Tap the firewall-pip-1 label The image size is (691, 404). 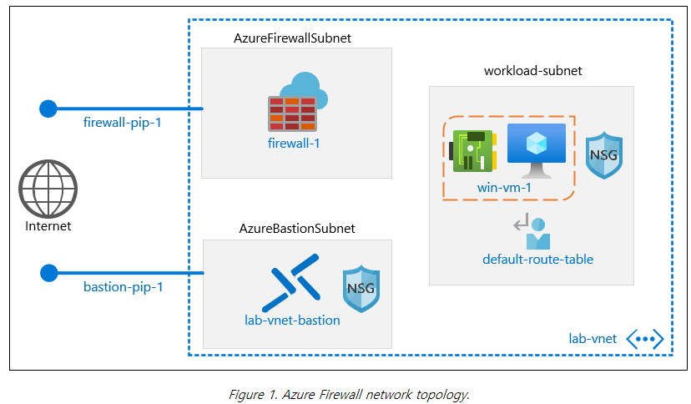point(123,123)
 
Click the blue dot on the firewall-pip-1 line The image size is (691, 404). point(48,109)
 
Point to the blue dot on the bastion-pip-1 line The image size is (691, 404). point(48,272)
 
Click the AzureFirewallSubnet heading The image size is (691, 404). point(293,38)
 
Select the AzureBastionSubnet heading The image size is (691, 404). point(296,228)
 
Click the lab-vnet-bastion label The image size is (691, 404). point(286,320)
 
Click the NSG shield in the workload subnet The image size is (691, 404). point(604,154)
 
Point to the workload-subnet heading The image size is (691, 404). point(532,71)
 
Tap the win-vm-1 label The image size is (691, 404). point(504,187)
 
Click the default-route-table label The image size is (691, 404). point(537,259)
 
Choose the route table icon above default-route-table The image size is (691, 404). point(530,228)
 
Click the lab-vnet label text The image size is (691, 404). point(593,338)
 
